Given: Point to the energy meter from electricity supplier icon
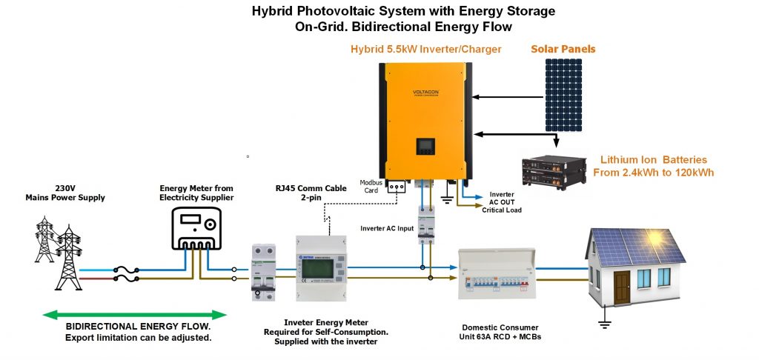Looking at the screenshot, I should click(x=197, y=228).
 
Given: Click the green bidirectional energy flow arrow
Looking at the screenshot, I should click(x=134, y=315).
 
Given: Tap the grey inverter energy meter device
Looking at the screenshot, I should click(x=321, y=267).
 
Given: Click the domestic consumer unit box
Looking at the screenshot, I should click(x=495, y=273).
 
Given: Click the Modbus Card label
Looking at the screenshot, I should click(x=371, y=186).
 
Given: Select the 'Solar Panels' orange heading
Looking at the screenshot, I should click(x=563, y=49).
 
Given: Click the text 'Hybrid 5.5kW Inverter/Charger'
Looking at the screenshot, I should click(x=425, y=50).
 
